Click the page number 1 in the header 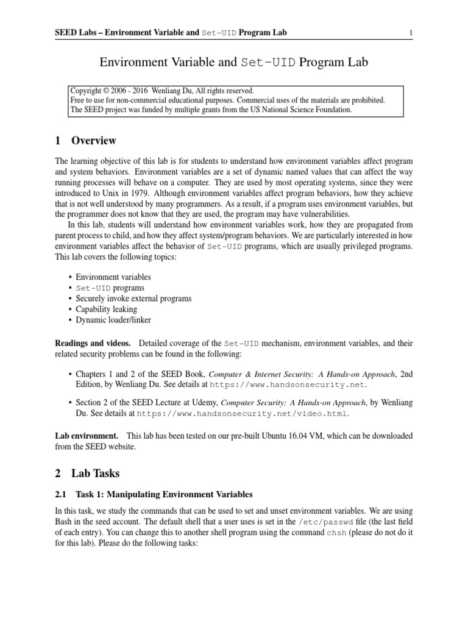pyautogui.click(x=411, y=32)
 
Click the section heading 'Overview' pyautogui.click(x=93, y=141)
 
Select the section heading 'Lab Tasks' pyautogui.click(x=96, y=473)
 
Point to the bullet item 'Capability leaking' pyautogui.click(x=106, y=309)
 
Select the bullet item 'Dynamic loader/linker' pyautogui.click(x=113, y=319)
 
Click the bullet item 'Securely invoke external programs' pyautogui.click(x=133, y=299)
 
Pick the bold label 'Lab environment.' pyautogui.click(x=87, y=436)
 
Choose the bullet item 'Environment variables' pyautogui.click(x=113, y=277)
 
